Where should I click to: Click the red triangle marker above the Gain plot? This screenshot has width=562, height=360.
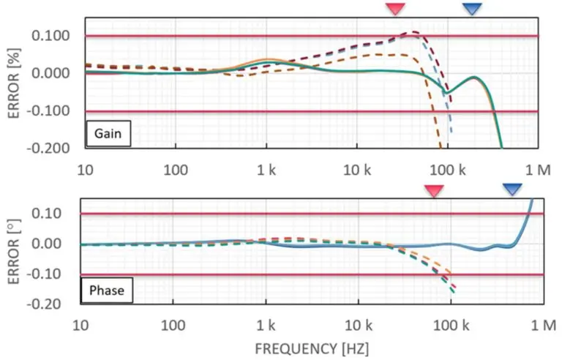coord(395,8)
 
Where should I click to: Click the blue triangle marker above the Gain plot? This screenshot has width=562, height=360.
coord(473,8)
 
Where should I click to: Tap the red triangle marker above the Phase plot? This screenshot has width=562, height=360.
coord(435,190)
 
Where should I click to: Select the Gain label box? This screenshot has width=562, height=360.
coord(108,135)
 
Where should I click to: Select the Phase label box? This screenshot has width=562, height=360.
coord(107,290)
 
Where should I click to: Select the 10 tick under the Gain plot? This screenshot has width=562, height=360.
coord(86,170)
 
